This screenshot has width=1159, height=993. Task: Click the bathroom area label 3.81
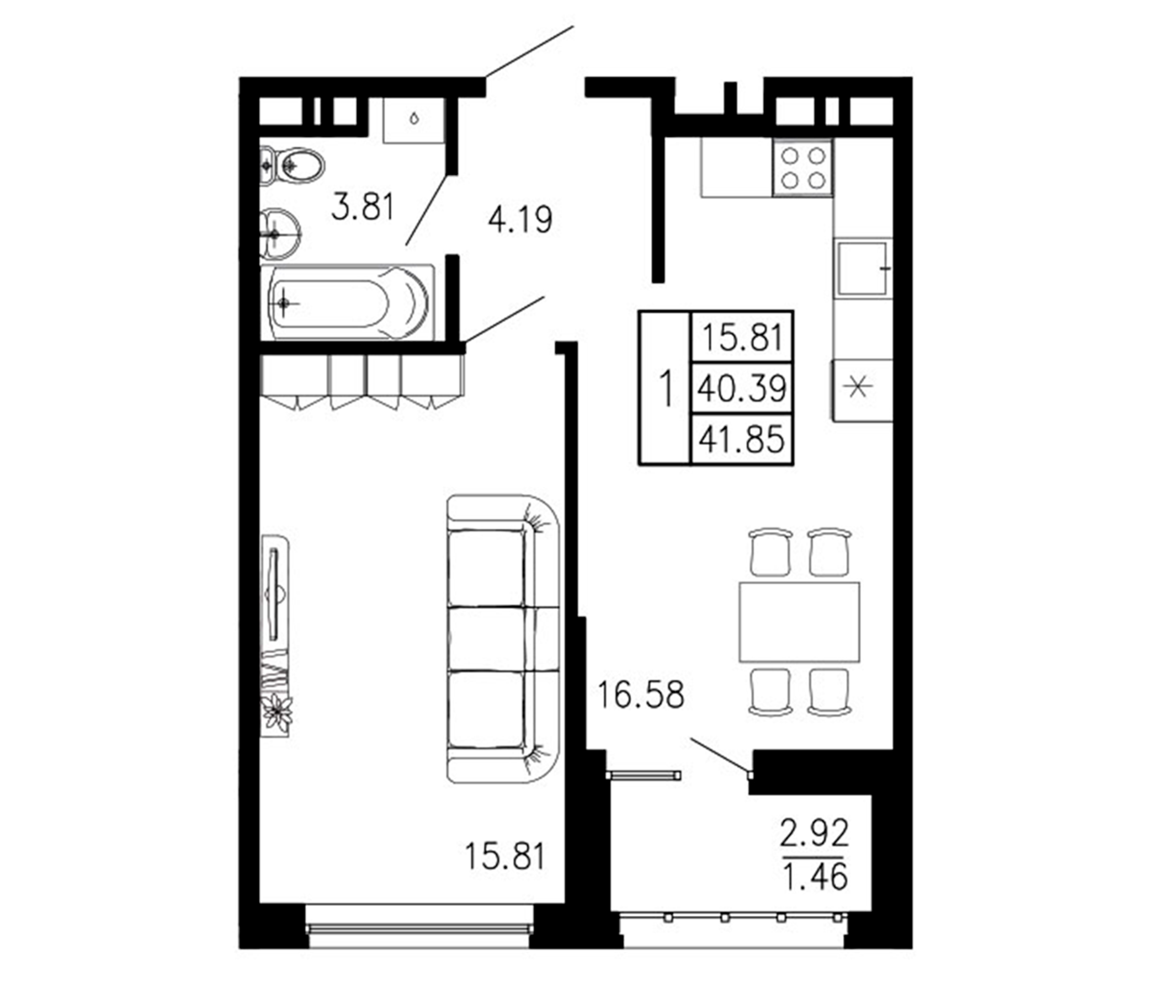[363, 206]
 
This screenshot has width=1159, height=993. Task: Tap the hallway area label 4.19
[520, 219]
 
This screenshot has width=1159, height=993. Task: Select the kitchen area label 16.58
[640, 695]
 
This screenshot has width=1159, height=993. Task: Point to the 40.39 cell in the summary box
[742, 388]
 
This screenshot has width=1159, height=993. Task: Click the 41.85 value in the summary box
[742, 440]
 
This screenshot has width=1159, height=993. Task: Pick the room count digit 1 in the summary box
[665, 388]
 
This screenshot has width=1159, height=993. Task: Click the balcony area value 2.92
[815, 834]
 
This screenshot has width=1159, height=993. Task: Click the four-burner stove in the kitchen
[802, 168]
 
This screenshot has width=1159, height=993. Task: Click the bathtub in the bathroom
[347, 302]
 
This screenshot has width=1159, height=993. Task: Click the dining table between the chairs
[799, 622]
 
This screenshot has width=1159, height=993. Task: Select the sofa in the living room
[502, 638]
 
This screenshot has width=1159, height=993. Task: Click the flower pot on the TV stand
[277, 713]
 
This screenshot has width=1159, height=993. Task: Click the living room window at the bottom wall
[419, 928]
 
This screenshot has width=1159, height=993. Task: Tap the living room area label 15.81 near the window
[504, 857]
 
